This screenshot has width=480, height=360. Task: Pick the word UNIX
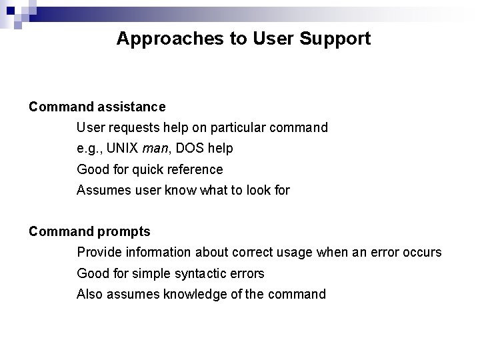tap(122, 149)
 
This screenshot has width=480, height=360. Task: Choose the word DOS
tap(194, 149)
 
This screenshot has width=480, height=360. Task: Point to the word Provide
tap(99, 253)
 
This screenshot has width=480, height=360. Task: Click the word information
tap(170, 253)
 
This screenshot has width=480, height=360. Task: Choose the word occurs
tap(421, 253)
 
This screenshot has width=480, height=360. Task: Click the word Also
tap(90, 295)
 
